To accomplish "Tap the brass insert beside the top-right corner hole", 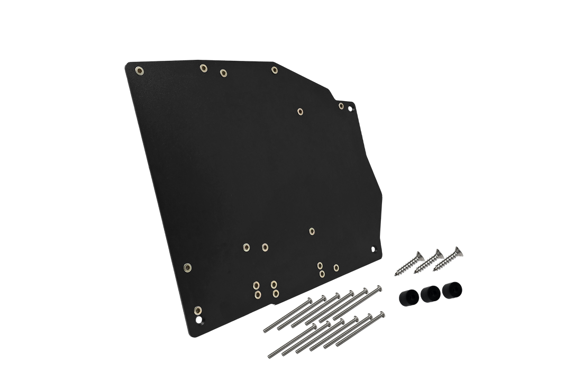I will pos(342,105).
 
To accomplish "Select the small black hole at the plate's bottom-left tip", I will pos(199,320).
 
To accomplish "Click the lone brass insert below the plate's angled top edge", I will pos(300,111).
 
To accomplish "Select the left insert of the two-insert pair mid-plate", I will pos(246,247).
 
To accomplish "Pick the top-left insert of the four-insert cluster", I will pos(257,285).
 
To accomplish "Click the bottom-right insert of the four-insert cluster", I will pos(275,293).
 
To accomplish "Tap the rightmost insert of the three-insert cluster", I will pos(337,267).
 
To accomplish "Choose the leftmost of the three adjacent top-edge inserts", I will pos(203,68).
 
